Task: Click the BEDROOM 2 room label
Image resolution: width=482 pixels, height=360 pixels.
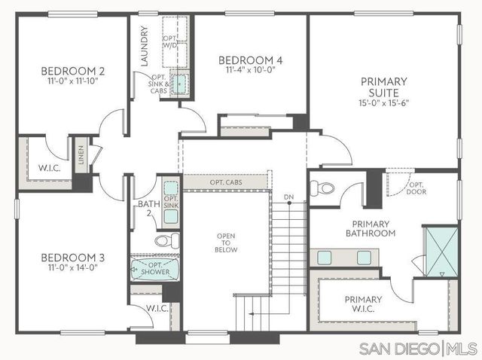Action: tap(72, 72)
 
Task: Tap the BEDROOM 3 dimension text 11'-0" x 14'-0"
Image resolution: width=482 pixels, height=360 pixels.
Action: tap(72, 267)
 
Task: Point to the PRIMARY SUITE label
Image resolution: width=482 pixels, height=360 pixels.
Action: tap(383, 87)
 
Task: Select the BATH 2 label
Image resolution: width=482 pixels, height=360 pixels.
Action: tap(148, 208)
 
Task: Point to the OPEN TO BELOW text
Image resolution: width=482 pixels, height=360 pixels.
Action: tap(226, 240)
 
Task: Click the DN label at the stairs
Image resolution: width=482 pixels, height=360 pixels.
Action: tap(288, 198)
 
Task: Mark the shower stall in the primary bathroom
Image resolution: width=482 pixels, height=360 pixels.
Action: tap(437, 249)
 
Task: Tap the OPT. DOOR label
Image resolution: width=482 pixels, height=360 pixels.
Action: tap(416, 188)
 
